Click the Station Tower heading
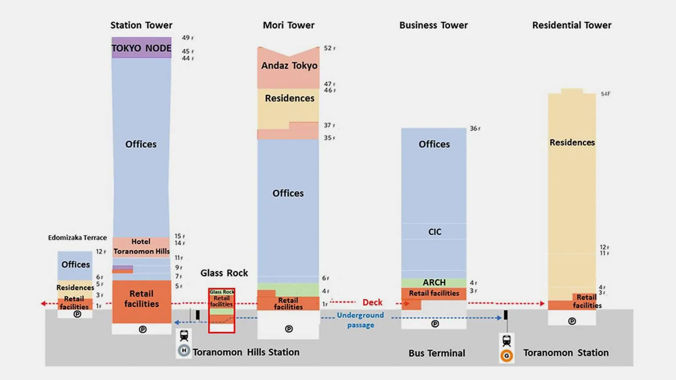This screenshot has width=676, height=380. pos(141,25)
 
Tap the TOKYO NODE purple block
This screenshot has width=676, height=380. pos(141,48)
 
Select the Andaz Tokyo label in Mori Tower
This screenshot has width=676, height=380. pos(289,65)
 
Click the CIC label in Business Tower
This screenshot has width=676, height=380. pos(435,232)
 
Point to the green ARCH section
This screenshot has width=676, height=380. pos(434,282)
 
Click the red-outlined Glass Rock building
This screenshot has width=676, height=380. pos(222,310)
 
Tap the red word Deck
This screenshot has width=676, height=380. pos(372,302)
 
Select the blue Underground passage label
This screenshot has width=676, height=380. pos(360,320)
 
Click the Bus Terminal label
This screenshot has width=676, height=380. pos(437,353)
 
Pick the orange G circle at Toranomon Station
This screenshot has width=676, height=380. pos(507,356)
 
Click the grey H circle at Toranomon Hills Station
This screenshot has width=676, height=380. pos(184,351)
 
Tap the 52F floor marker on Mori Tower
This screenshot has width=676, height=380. pos(329,48)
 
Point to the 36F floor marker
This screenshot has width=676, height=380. pos(475,129)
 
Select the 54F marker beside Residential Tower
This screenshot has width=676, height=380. pos(605,94)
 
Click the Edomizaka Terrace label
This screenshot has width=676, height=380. pos(77,237)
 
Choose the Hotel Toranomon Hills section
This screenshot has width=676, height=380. pos(141,247)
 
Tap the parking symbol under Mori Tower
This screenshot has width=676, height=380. pos(289,329)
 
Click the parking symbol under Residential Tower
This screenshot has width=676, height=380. pos(572,321)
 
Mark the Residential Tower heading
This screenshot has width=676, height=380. pos(572,25)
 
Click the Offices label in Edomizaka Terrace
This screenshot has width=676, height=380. pos(76,265)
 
